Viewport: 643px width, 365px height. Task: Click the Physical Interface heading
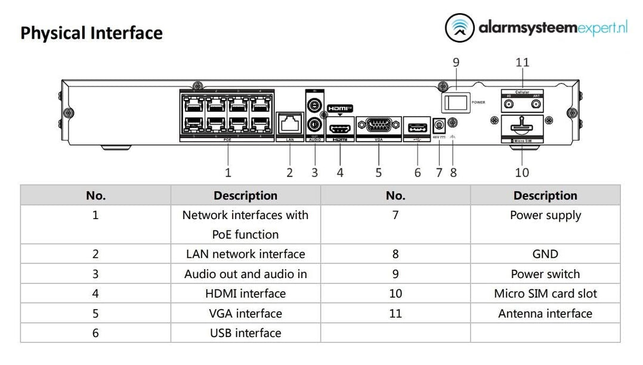click(x=91, y=33)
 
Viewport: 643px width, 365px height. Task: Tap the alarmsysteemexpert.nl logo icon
click(x=460, y=29)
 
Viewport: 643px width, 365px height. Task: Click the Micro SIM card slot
click(x=522, y=127)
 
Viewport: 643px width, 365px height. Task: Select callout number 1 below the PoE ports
click(x=228, y=173)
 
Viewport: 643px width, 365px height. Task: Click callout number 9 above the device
click(x=456, y=62)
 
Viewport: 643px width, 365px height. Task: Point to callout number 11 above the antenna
click(x=523, y=62)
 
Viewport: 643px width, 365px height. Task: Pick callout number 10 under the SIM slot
click(x=522, y=173)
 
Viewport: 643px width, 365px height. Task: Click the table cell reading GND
click(x=545, y=254)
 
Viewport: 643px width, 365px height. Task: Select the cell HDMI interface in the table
click(x=245, y=294)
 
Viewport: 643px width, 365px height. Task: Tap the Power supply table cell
click(x=545, y=216)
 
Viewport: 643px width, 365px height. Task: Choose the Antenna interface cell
click(x=545, y=313)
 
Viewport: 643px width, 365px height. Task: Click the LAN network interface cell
click(x=245, y=254)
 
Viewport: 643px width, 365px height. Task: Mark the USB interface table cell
click(x=245, y=333)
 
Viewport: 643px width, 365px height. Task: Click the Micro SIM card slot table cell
click(x=545, y=294)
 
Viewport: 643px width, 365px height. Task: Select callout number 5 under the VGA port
click(x=379, y=173)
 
